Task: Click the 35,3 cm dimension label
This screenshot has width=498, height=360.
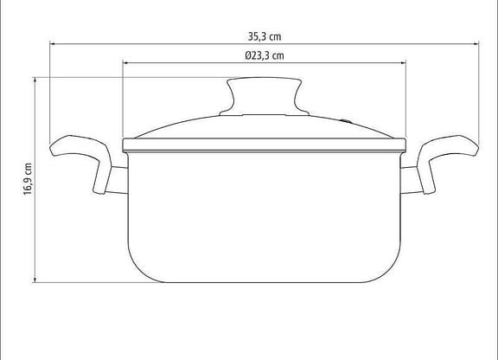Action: pyautogui.click(x=265, y=36)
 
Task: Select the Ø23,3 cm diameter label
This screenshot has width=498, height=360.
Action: pyautogui.click(x=265, y=55)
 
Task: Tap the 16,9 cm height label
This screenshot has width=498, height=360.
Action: pyautogui.click(x=28, y=179)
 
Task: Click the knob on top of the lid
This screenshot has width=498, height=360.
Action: pyautogui.click(x=265, y=96)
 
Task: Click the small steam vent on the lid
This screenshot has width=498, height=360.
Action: pyautogui.click(x=346, y=121)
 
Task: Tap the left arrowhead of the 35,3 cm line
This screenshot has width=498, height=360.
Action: pyautogui.click(x=53, y=44)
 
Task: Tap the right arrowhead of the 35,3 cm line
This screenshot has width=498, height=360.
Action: pyautogui.click(x=476, y=44)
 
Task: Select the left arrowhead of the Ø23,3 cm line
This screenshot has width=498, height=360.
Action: pyautogui.click(x=125, y=63)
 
